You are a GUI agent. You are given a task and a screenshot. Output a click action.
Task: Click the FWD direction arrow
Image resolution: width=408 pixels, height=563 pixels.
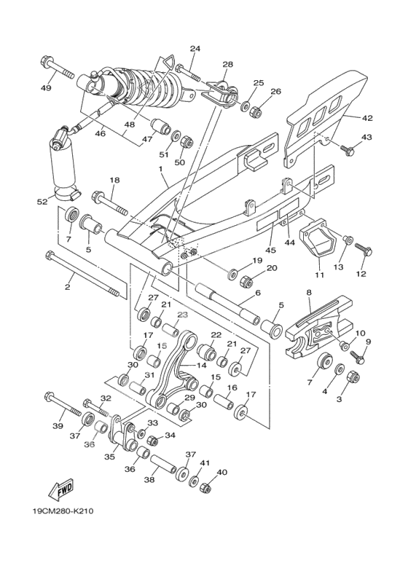point(61,489)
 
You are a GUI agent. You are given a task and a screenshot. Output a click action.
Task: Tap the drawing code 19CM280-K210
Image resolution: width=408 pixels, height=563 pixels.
point(63,511)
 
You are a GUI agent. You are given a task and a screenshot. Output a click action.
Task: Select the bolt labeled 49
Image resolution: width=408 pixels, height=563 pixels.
point(58,68)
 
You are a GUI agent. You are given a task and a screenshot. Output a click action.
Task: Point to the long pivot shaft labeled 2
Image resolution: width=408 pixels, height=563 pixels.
point(82,274)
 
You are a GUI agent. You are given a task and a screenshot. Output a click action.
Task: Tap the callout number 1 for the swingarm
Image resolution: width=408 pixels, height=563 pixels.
point(160,168)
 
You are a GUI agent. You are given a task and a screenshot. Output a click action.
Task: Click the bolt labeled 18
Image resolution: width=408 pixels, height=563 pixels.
point(110,203)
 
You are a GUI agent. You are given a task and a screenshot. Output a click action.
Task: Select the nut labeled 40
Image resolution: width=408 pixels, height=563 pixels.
point(205,487)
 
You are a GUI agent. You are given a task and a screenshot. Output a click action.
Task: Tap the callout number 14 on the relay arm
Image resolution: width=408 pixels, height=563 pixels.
point(202,366)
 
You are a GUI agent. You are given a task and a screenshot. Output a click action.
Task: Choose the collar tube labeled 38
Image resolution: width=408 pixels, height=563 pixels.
point(163,465)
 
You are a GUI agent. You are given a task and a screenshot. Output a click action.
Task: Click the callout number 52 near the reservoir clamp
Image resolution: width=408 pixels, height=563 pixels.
point(42,202)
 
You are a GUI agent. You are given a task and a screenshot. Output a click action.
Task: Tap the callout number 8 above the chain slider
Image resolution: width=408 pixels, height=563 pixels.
point(309,292)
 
